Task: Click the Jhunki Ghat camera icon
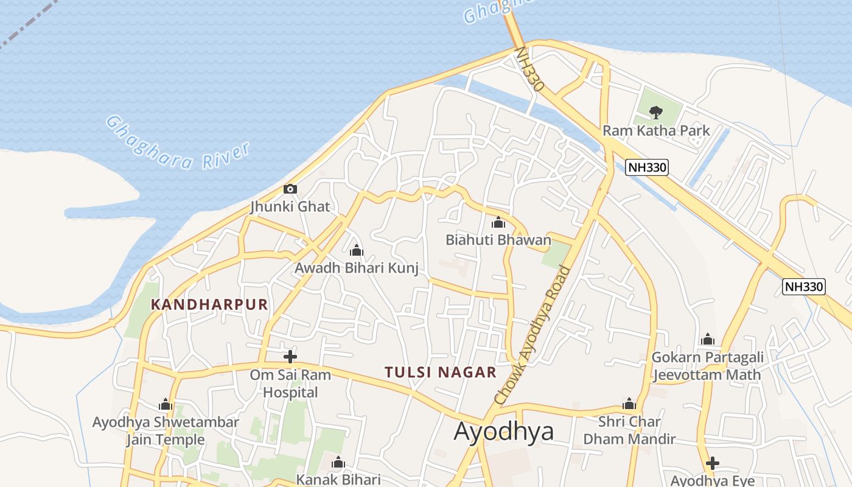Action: point(290,189)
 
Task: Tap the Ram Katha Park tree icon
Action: point(655,112)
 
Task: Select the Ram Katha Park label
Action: point(656,130)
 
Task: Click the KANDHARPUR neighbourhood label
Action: point(209,304)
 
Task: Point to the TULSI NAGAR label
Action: point(441,372)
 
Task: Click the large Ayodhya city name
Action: point(504,431)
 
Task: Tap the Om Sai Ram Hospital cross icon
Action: point(290,357)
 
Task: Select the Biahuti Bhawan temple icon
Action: point(498,222)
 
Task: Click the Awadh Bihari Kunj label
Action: point(357,268)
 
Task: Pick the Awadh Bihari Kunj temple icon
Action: point(357,250)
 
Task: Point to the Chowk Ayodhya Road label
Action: point(532,335)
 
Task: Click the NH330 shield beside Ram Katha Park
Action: point(647,167)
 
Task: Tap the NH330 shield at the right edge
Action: point(803,286)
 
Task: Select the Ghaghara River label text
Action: point(178,143)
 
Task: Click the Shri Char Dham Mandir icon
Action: point(629,404)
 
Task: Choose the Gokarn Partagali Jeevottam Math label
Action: point(707,365)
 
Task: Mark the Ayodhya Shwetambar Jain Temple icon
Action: point(166,404)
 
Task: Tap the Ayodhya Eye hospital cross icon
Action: point(713,463)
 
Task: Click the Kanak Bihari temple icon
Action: point(338,463)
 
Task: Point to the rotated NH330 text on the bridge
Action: point(529,69)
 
